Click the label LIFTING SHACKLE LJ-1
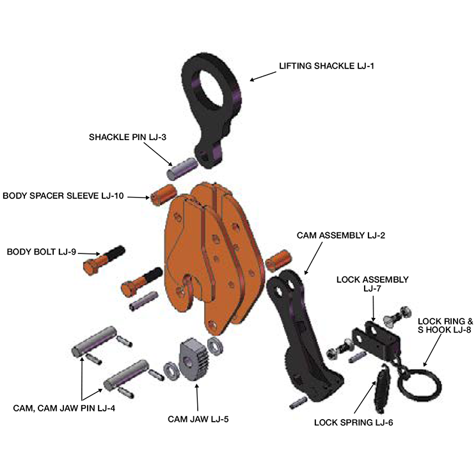pyautogui.click(x=326, y=66)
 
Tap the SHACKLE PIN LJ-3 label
pyautogui.click(x=127, y=137)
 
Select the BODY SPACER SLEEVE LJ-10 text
pyautogui.click(x=63, y=196)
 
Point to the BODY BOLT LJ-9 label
pyautogui.click(x=42, y=252)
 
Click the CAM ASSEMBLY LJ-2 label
pyautogui.click(x=340, y=235)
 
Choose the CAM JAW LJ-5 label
pyautogui.click(x=198, y=419)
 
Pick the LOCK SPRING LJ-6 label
pyautogui.click(x=353, y=422)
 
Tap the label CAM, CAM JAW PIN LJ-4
pyautogui.click(x=64, y=408)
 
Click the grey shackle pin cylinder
pyautogui.click(x=182, y=169)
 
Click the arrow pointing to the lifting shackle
pyautogui.click(x=263, y=76)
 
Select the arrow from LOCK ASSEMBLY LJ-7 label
pyautogui.click(x=373, y=309)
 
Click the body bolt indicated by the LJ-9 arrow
pyautogui.click(x=104, y=260)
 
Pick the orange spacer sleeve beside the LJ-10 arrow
pyautogui.click(x=164, y=194)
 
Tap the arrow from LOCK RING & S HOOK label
pyautogui.click(x=432, y=350)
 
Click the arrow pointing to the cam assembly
pyautogui.click(x=313, y=258)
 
